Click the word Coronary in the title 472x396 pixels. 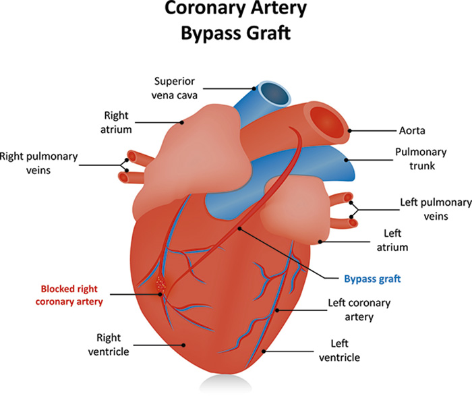205,9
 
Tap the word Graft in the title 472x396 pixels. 268,32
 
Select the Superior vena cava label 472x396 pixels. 174,88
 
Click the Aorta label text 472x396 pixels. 412,131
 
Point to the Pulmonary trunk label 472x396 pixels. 421,159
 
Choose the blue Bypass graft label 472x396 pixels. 372,279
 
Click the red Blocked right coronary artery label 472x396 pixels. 69,295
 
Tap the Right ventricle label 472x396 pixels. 109,345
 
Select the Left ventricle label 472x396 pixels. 340,351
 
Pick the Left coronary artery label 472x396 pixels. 359,310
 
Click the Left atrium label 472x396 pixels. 392,240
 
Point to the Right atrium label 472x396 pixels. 116,122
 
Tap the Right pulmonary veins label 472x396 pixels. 39,163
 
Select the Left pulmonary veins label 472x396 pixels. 436,209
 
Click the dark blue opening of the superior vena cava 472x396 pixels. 274,94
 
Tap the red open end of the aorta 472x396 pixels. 327,123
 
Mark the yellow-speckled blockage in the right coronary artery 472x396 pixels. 160,283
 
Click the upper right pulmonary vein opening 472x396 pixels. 131,156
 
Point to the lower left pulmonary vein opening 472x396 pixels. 353,223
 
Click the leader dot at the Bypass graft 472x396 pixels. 239,229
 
